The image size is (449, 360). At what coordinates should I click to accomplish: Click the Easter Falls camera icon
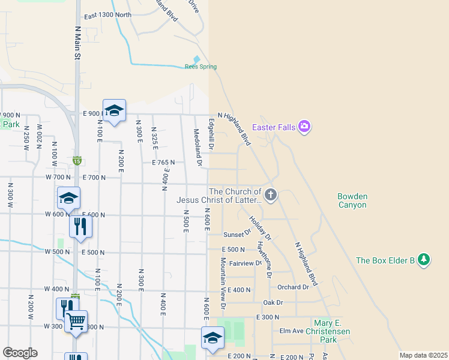[304, 126]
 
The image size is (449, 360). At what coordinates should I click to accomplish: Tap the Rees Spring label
[200, 67]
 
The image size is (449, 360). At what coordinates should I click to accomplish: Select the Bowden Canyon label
[352, 200]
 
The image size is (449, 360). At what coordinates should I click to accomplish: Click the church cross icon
[271, 194]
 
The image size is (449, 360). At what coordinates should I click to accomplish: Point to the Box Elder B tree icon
[424, 260]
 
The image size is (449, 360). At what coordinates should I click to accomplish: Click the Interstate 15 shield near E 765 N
[77, 160]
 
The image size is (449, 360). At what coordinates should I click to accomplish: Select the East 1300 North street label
[107, 15]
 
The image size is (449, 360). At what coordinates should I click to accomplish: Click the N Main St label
[77, 42]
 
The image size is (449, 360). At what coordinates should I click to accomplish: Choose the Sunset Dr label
[237, 235]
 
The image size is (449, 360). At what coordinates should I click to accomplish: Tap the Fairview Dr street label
[246, 263]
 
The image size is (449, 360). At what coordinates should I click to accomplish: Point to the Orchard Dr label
[293, 287]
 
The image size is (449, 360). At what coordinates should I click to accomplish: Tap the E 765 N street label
[163, 163]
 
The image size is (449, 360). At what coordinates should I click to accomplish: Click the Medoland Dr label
[196, 144]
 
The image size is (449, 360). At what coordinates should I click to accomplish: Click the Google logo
[20, 353]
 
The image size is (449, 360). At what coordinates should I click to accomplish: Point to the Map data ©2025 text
[423, 355]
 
